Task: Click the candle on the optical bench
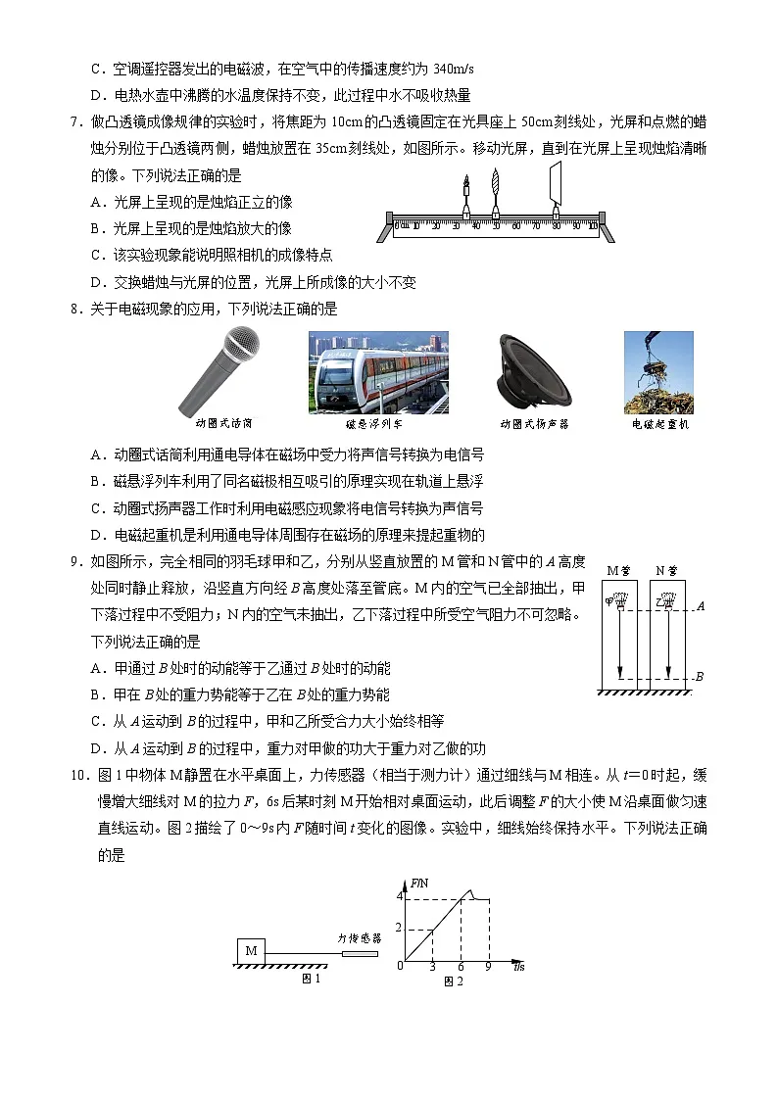tap(465, 196)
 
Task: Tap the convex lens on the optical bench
tap(496, 191)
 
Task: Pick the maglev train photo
tap(378, 372)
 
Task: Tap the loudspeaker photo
tap(534, 371)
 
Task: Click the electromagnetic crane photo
tap(658, 372)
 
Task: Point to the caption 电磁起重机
tap(659, 424)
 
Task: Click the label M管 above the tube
tap(618, 570)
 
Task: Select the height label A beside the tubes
tap(701, 607)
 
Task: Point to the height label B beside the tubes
tap(700, 677)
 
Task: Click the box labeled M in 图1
tap(251, 951)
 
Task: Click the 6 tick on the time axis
tap(461, 967)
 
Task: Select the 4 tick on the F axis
tap(399, 896)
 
